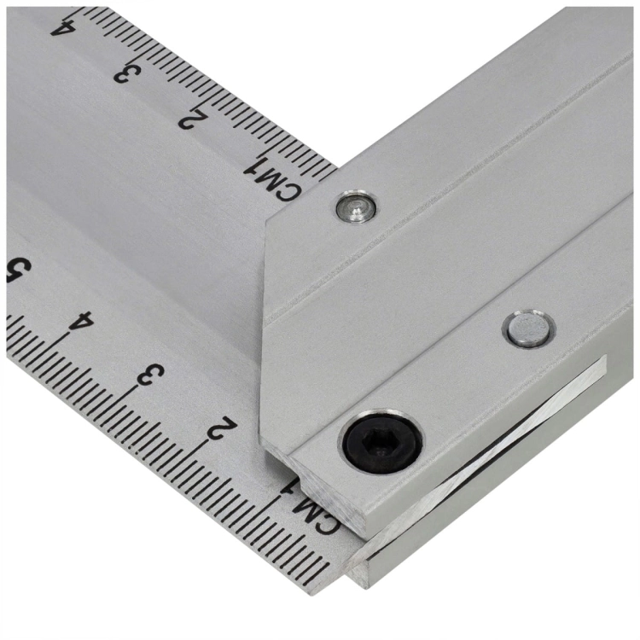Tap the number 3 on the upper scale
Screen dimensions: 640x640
click(x=127, y=73)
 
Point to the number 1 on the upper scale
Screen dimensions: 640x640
click(x=254, y=168)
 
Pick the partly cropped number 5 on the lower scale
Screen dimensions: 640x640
click(x=17, y=271)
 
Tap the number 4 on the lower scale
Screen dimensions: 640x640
click(x=81, y=320)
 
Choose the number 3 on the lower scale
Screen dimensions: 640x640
click(x=150, y=375)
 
